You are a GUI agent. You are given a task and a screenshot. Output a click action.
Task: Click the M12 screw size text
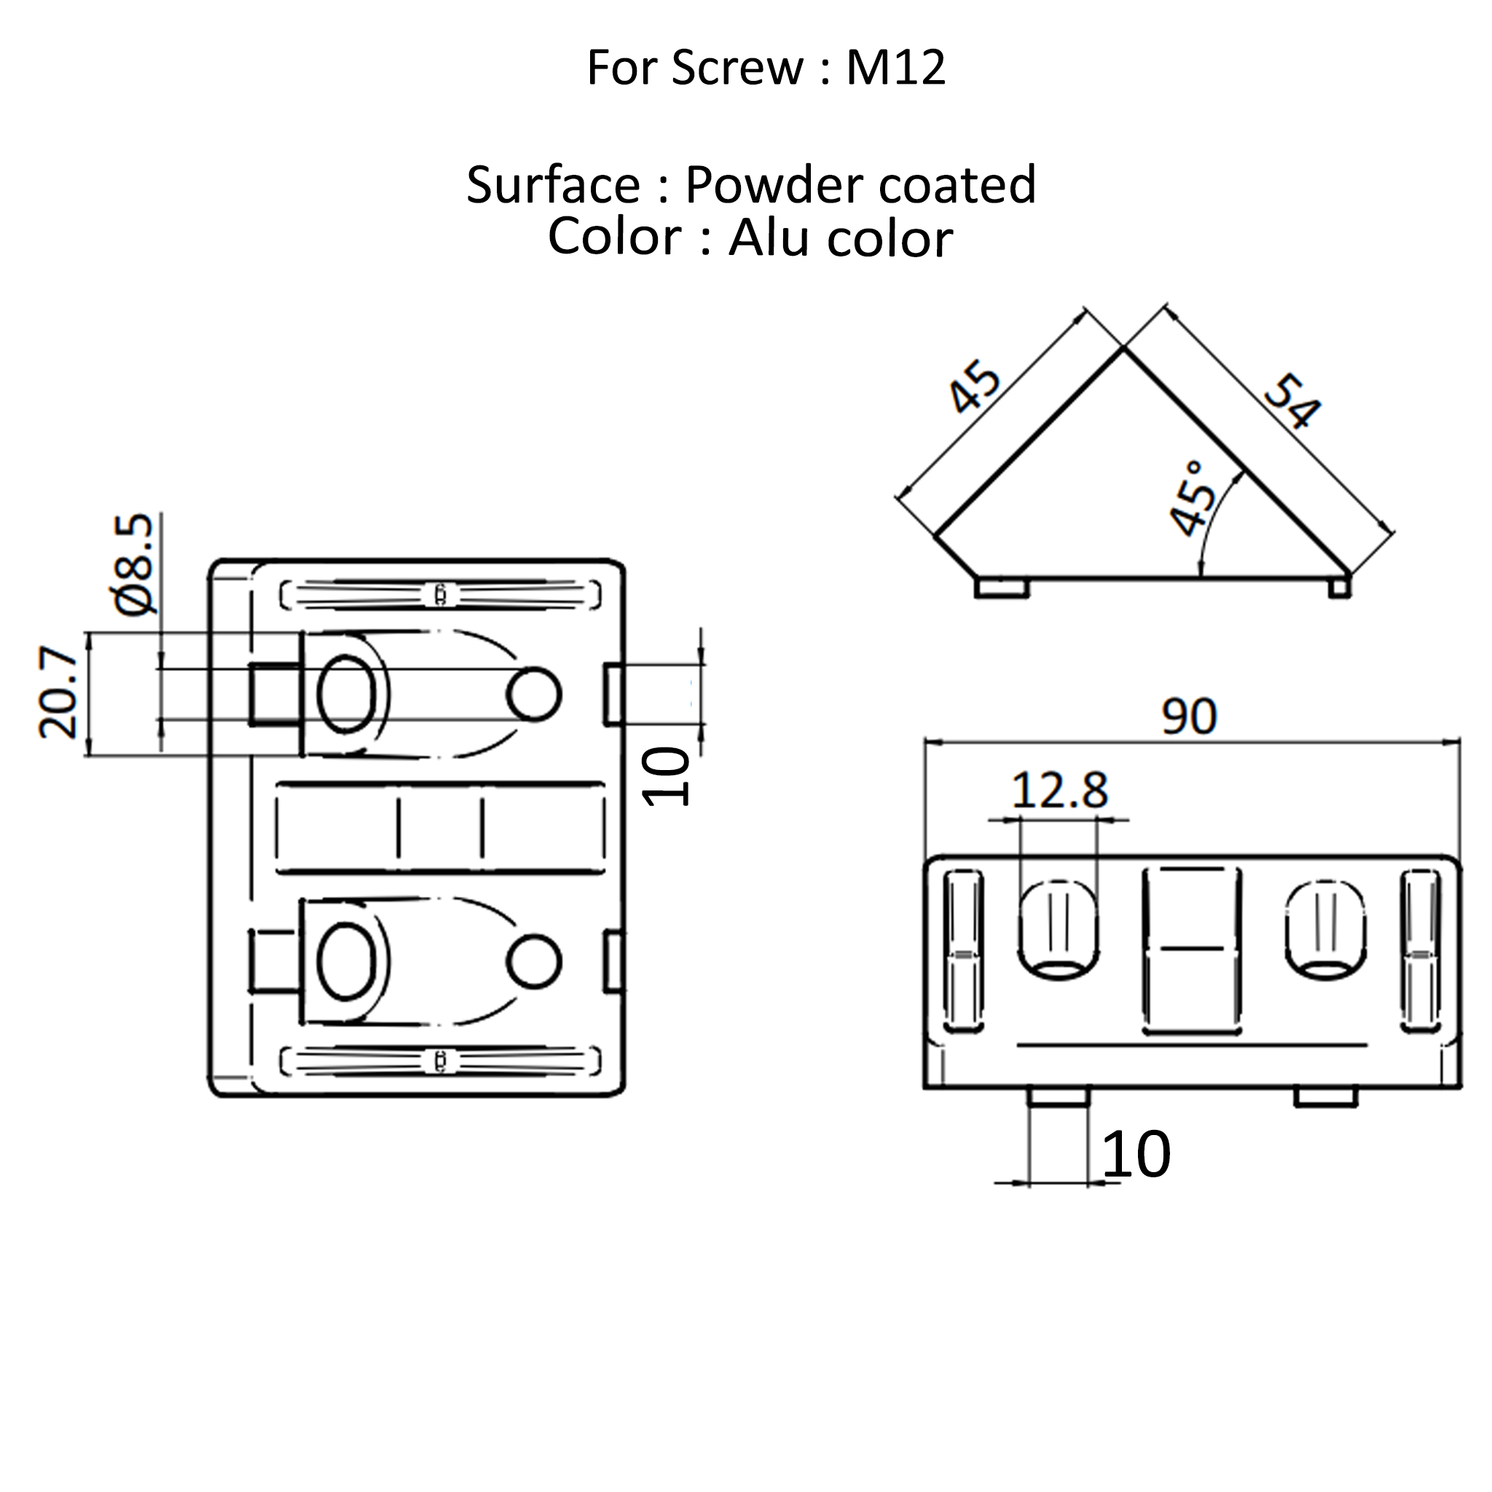895,68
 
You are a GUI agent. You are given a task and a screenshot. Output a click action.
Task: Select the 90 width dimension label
1188,717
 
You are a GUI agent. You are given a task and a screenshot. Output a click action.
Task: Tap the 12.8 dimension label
1059,790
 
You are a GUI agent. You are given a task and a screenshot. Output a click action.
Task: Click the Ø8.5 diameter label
137,564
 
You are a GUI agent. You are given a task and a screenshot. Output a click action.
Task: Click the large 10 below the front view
1135,1155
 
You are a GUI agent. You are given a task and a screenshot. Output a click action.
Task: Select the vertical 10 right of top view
666,777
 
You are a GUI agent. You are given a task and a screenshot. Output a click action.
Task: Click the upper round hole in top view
533,694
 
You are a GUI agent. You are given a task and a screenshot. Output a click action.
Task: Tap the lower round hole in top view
533,962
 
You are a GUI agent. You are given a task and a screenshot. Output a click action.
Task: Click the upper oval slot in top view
347,694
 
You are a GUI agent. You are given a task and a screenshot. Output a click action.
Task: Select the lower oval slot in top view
347,962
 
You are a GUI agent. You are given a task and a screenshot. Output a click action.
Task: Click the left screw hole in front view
1058,930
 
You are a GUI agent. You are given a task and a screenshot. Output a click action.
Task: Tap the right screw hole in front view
1325,930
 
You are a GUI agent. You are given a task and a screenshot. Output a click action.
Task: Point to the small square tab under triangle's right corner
1340,589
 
